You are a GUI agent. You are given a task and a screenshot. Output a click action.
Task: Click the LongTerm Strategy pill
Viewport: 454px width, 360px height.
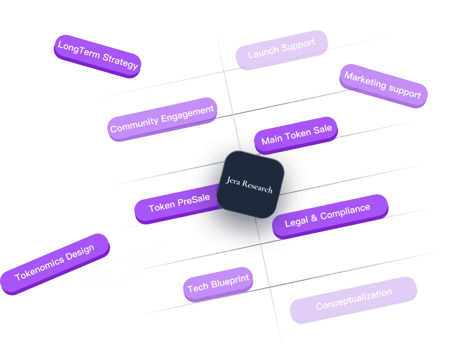(x=97, y=56)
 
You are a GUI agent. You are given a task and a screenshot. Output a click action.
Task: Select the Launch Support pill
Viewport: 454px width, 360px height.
(x=281, y=49)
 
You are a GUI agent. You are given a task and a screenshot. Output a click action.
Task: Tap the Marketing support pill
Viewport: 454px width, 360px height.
(x=383, y=85)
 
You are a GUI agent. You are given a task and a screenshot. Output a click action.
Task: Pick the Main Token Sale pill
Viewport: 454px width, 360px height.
(x=296, y=135)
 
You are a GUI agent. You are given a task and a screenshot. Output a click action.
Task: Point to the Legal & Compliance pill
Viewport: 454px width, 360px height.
(x=329, y=216)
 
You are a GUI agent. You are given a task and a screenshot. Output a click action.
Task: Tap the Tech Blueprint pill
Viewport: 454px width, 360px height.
(x=218, y=283)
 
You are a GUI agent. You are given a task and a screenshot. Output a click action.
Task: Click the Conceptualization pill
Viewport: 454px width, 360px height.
(x=353, y=299)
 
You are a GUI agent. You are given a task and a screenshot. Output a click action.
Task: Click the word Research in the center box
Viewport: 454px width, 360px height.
(x=257, y=186)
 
